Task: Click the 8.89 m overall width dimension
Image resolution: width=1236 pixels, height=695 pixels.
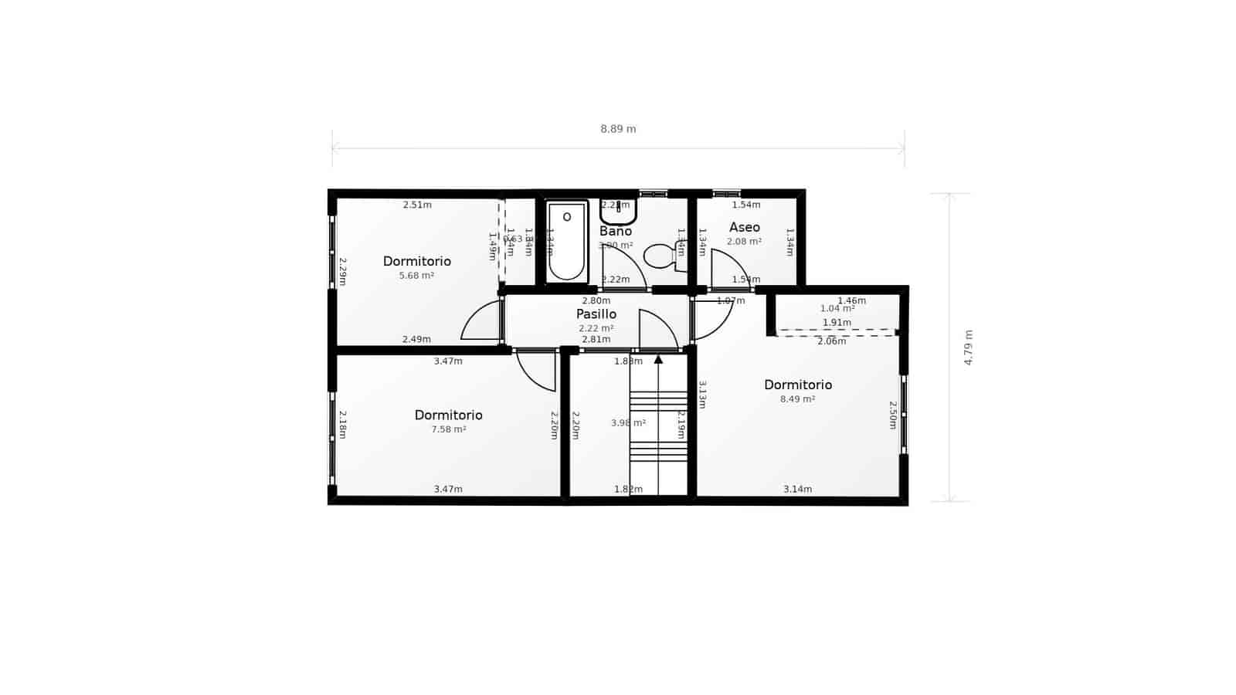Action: [618, 129]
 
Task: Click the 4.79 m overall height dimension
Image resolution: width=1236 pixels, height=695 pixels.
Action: [969, 347]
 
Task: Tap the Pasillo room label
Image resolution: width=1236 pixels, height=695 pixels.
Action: [596, 314]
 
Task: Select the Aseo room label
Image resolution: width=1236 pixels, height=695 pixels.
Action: [745, 227]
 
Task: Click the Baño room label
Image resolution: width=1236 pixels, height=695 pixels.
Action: [616, 231]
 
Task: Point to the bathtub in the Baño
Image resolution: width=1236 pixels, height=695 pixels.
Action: [567, 242]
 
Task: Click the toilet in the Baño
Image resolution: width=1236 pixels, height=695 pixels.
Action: [663, 256]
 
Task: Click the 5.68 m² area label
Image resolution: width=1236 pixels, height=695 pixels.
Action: [416, 276]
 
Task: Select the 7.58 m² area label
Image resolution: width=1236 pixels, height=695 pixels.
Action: [448, 429]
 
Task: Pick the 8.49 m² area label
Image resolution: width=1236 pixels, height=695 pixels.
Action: [797, 399]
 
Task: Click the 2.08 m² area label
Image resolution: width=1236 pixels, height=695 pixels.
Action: [744, 242]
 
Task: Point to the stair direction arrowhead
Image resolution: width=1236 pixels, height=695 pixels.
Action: [658, 359]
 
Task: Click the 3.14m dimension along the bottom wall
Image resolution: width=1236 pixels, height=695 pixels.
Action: [797, 489]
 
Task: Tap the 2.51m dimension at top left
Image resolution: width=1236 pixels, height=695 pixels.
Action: [417, 205]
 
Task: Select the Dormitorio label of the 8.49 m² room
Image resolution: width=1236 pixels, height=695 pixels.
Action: [798, 385]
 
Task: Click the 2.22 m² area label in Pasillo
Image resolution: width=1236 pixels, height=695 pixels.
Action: [596, 328]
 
